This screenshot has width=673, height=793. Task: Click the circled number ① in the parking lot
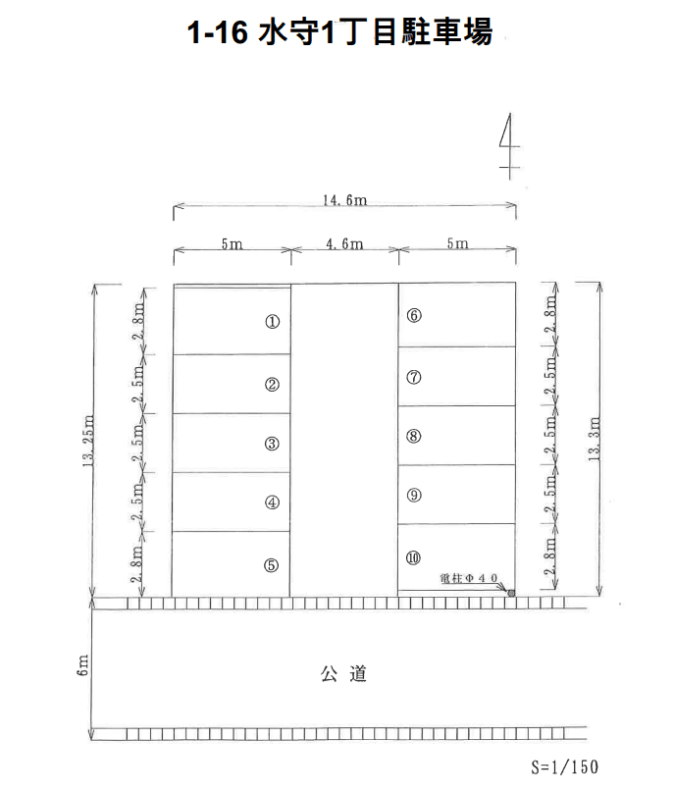click(x=273, y=322)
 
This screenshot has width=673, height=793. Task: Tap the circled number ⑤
click(x=272, y=565)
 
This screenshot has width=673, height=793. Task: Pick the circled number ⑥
click(x=414, y=316)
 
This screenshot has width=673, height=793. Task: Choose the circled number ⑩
click(x=413, y=557)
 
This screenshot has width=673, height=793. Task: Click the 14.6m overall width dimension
click(x=345, y=200)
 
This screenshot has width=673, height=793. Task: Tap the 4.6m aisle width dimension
click(x=345, y=244)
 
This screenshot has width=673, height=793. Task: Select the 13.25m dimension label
click(x=88, y=441)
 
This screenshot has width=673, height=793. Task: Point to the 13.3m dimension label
click(x=595, y=439)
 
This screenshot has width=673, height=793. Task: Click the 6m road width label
click(x=82, y=665)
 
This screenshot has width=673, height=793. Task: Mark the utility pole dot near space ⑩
click(x=511, y=593)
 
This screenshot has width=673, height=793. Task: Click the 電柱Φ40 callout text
click(x=469, y=578)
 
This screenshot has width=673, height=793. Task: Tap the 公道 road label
click(x=343, y=673)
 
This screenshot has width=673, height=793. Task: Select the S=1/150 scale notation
click(x=564, y=767)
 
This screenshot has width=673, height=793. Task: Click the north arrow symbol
click(x=509, y=146)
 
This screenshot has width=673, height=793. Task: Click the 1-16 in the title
click(x=218, y=32)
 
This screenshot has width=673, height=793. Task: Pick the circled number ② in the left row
click(x=272, y=385)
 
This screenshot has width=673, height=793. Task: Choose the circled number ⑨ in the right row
click(x=414, y=495)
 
